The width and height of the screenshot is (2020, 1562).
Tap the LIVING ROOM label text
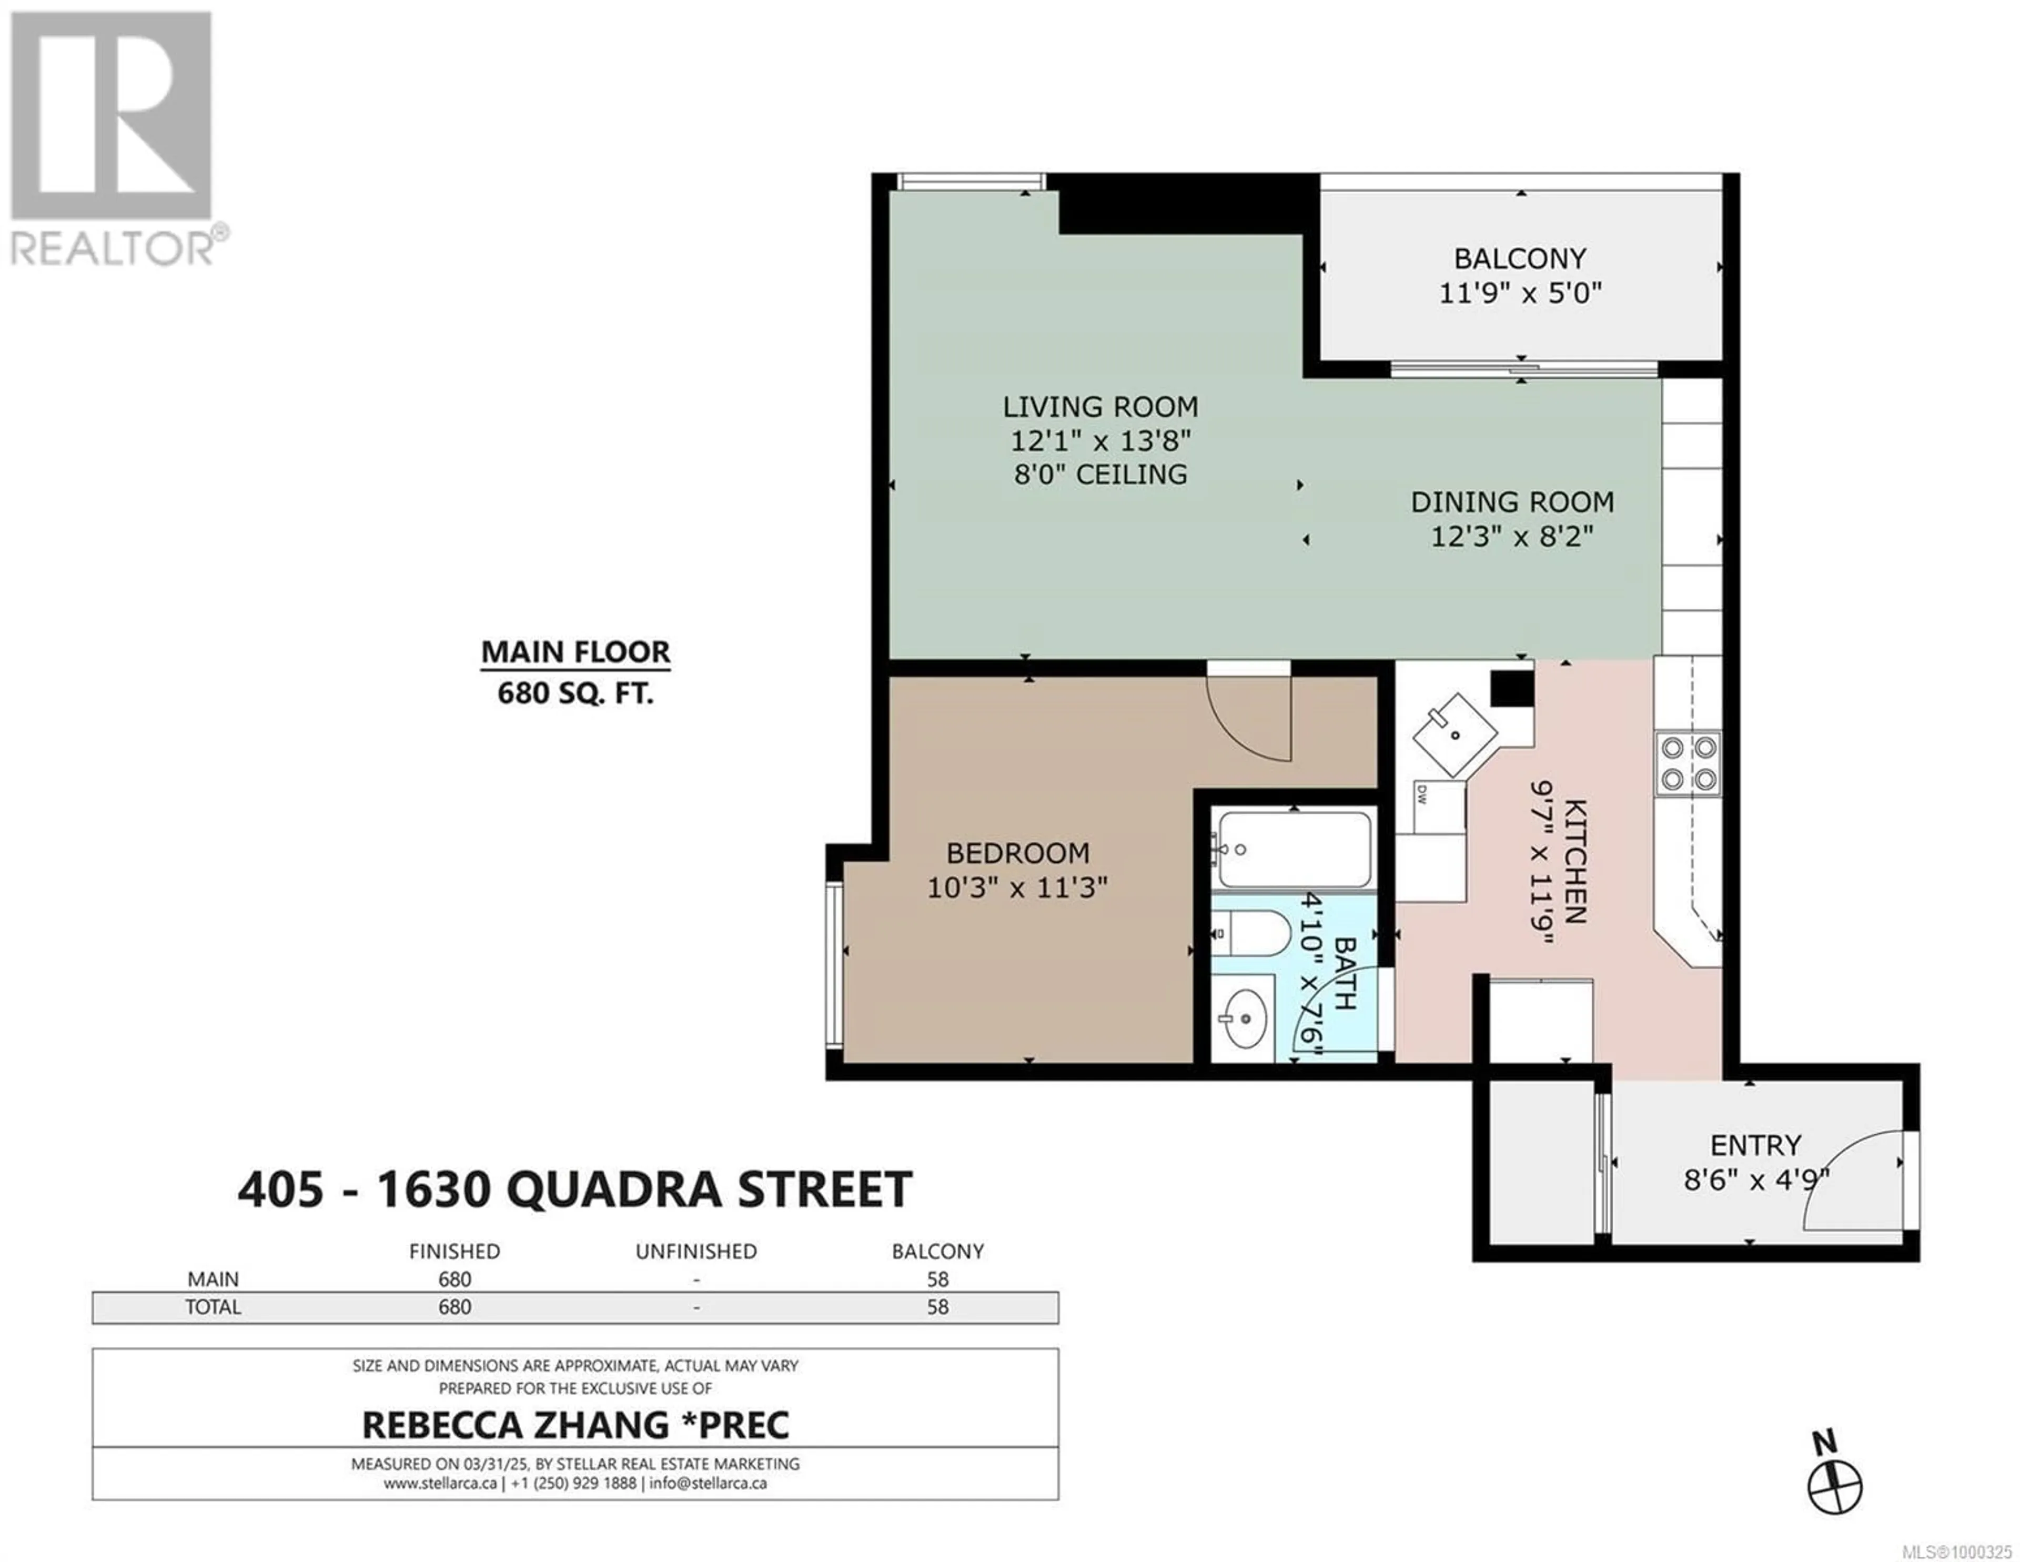point(1100,407)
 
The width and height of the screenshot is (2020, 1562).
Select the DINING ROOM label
point(1512,502)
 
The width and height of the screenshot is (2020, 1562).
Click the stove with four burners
point(1688,763)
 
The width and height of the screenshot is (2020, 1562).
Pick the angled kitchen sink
point(1455,735)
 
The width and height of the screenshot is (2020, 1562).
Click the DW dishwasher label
point(1421,793)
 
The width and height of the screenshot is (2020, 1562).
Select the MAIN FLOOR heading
point(575,652)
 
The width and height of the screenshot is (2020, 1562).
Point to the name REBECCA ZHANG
point(515,1425)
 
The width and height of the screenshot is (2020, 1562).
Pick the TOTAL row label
point(214,1307)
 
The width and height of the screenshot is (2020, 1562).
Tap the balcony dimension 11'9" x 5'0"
point(1520,293)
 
